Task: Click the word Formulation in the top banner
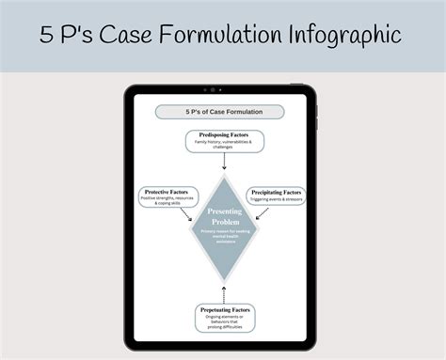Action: point(226,36)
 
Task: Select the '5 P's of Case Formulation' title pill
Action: point(223,112)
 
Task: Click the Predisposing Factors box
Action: point(223,142)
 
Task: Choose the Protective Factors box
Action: point(167,196)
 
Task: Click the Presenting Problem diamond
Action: point(223,225)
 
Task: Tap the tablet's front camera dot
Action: point(213,90)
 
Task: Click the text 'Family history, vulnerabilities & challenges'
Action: point(223,146)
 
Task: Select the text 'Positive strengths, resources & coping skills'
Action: point(167,200)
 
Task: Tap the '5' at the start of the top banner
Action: point(46,36)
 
